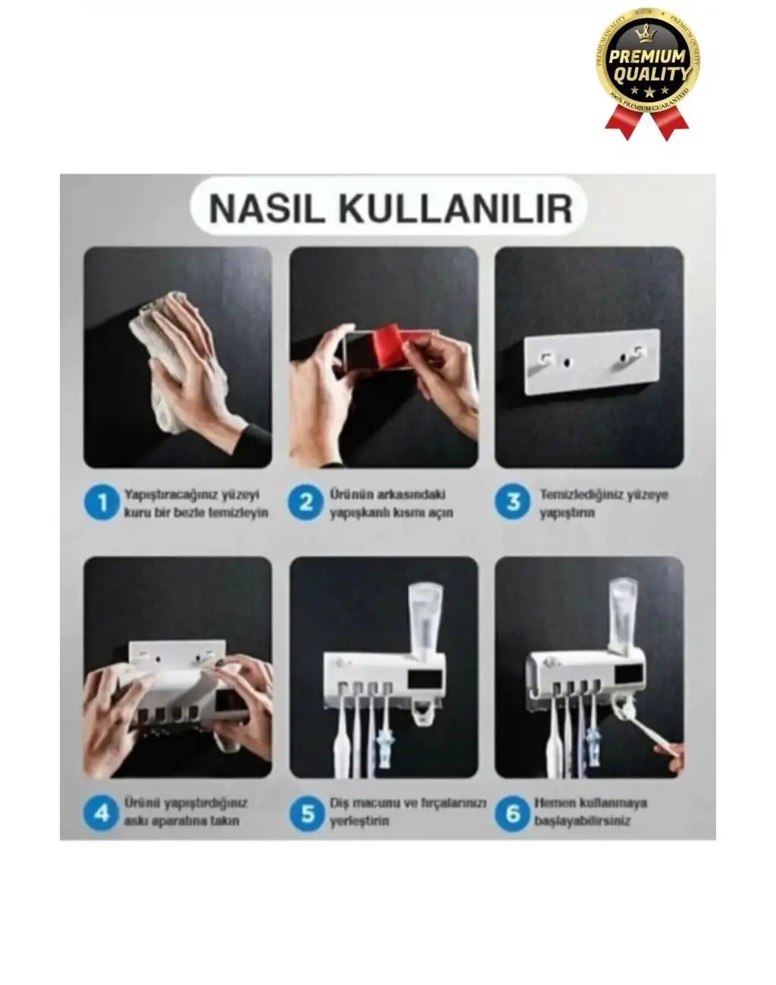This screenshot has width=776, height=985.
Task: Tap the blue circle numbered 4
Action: click(101, 813)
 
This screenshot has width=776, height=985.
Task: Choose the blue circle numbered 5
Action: click(307, 813)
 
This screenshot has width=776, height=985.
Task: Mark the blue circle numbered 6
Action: click(513, 813)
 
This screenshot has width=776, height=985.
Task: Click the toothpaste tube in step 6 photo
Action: click(626, 614)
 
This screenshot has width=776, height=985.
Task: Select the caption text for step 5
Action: click(407, 812)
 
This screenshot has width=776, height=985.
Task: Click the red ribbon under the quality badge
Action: click(647, 121)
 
